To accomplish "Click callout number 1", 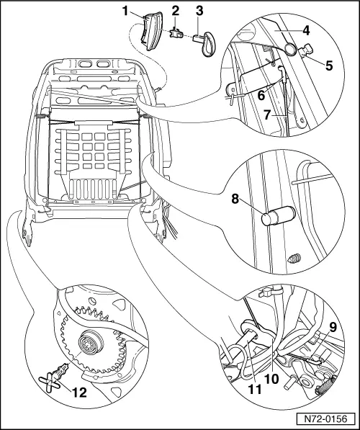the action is [125, 12].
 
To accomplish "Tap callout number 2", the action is [176, 11].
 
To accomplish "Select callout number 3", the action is [199, 11].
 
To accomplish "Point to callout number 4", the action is [306, 30].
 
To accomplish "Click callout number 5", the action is [329, 66].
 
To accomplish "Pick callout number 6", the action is [261, 95].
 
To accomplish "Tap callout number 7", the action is [268, 115].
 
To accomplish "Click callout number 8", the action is [235, 199].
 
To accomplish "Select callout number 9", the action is [333, 328].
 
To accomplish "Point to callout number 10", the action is [271, 379].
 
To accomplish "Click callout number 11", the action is [254, 389].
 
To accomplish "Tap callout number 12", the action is [79, 393].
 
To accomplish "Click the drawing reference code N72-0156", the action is [325, 418].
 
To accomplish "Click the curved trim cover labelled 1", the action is [150, 31].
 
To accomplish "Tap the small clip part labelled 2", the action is [176, 34].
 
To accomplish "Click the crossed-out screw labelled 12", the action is [54, 379].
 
